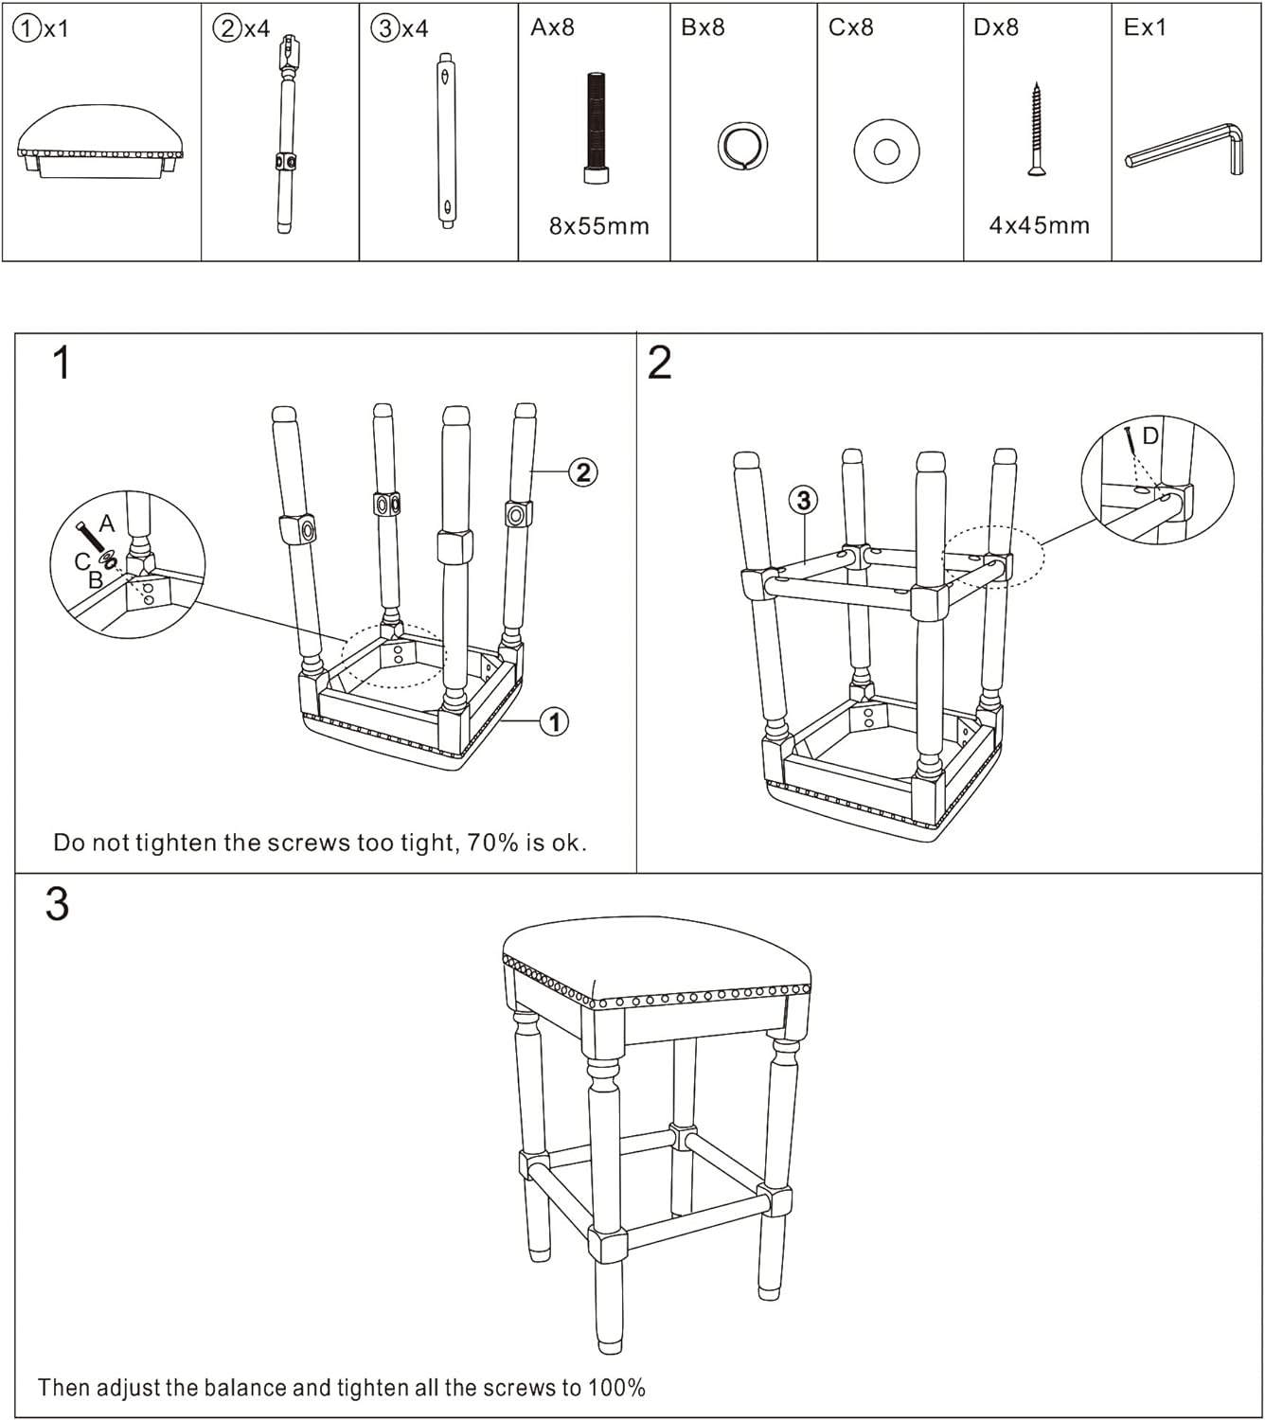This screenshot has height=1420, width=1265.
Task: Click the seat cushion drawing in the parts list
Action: [x=100, y=141]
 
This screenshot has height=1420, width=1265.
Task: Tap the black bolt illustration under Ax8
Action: [x=596, y=128]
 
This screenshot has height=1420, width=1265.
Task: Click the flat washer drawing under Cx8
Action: [x=886, y=151]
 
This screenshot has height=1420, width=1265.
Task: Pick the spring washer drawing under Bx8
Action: [x=742, y=147]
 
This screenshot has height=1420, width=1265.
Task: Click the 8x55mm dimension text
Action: [x=599, y=226]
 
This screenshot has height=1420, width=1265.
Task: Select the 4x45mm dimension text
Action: [x=1039, y=225]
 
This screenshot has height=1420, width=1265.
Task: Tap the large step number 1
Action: [x=62, y=364]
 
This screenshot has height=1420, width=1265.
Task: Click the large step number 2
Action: [x=659, y=364]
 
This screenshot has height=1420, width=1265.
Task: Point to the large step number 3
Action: [x=57, y=904]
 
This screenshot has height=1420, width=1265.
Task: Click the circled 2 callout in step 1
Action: [x=582, y=471]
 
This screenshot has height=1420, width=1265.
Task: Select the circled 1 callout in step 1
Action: [x=554, y=721]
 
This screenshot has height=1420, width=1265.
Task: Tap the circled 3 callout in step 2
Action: [x=803, y=499]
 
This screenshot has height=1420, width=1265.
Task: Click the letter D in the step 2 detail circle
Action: [x=1150, y=435]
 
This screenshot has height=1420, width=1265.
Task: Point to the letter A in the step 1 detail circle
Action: [x=107, y=524]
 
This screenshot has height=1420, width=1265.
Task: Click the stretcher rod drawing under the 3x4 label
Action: [x=446, y=140]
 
